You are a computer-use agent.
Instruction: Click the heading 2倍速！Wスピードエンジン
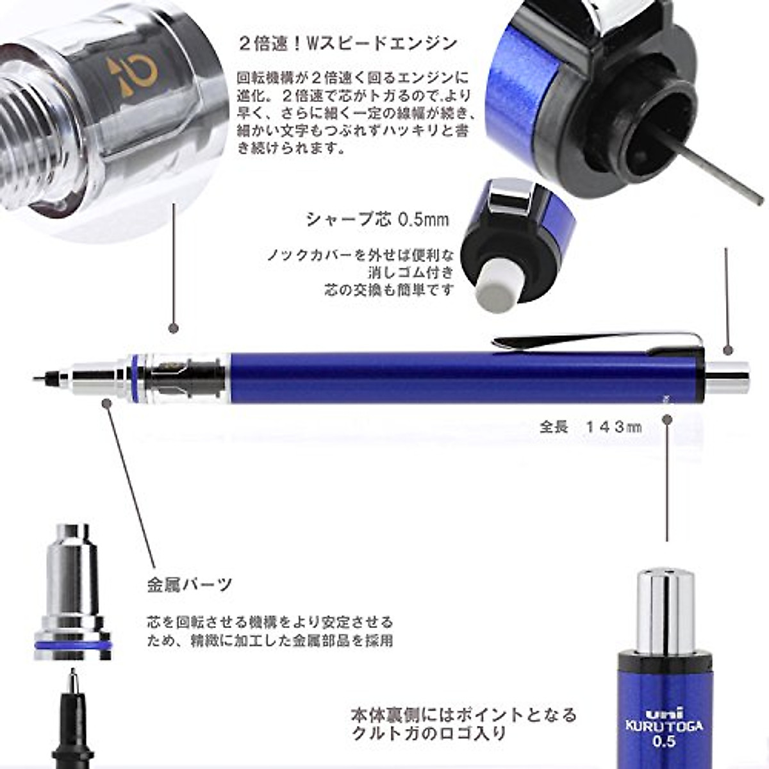coord(348,44)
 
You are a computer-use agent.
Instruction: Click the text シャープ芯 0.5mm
coord(377,220)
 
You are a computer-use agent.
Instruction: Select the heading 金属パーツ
coord(189,584)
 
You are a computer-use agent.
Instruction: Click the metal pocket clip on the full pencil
coord(596,342)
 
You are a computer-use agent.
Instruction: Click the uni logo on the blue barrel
coord(663,713)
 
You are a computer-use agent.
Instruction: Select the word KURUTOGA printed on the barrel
coord(663,727)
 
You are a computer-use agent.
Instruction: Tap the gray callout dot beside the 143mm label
coord(667,420)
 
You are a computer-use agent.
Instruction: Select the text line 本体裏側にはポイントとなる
coord(463,714)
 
